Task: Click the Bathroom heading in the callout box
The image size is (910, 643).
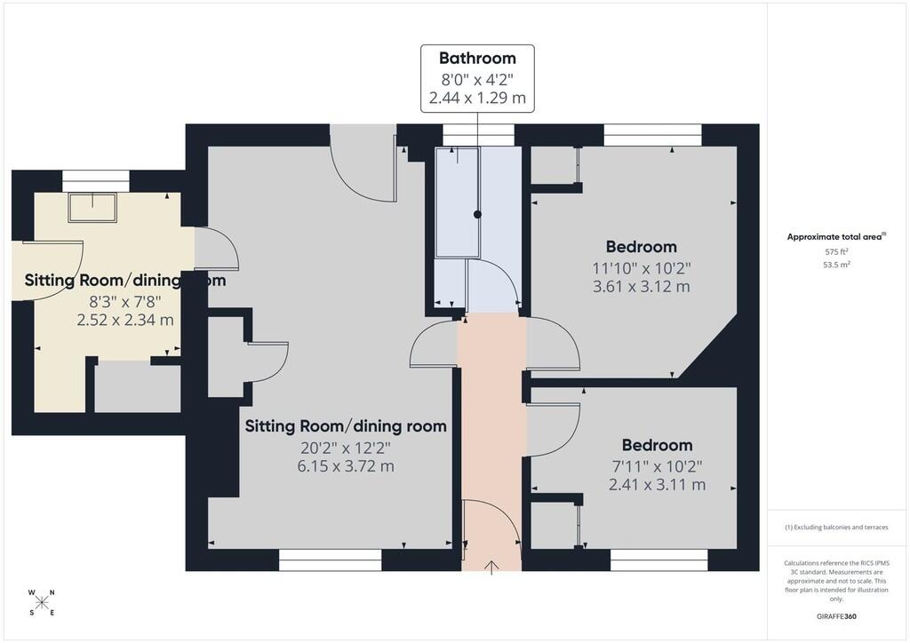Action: (477, 58)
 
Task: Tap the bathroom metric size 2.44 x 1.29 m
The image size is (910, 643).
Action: (477, 98)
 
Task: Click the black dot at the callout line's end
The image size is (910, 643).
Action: (477, 215)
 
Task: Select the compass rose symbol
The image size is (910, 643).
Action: (42, 602)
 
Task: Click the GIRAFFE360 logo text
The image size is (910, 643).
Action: (836, 616)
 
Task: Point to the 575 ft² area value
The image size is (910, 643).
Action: (836, 251)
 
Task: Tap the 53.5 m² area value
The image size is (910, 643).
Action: (836, 265)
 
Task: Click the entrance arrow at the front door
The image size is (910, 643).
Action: (491, 568)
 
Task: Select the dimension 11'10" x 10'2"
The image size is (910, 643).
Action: (642, 268)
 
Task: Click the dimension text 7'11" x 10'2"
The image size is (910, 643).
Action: (657, 466)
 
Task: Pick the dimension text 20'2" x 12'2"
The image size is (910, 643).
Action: (346, 448)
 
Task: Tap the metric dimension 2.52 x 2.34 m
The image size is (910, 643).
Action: (124, 320)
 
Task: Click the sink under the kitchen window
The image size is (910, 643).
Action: (92, 207)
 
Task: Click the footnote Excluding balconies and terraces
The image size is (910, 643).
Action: (836, 527)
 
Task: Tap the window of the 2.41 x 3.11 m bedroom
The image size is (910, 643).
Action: (659, 560)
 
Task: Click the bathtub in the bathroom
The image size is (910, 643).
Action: (458, 202)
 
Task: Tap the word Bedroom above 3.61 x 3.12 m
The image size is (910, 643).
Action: (642, 246)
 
